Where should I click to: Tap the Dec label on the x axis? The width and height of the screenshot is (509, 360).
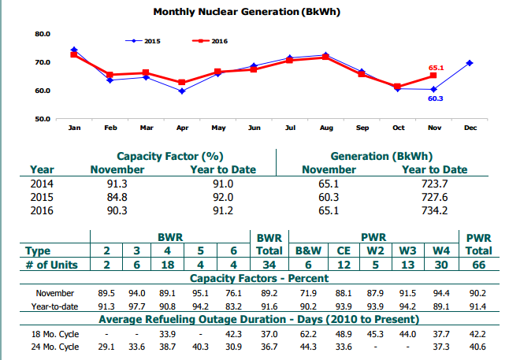pos(470,128)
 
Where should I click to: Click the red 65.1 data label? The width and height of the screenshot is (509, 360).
pos(436,68)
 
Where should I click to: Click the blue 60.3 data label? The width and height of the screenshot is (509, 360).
pos(435,98)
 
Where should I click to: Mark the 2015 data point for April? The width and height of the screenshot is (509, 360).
pos(182,91)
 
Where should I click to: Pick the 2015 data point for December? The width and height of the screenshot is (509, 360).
pos(470,62)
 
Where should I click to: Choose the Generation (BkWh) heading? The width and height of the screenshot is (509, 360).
pos(381,157)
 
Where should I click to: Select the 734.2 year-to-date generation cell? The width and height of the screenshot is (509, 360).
pos(434,210)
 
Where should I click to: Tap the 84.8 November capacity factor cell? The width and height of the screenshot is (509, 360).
pos(117,197)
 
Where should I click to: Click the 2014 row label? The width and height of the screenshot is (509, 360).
pos(42,184)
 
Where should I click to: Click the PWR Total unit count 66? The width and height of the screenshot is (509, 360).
pos(478,265)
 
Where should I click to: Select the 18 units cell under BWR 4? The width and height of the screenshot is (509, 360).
pos(166,265)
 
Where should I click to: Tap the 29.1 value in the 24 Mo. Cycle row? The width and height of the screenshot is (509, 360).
pos(108,347)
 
